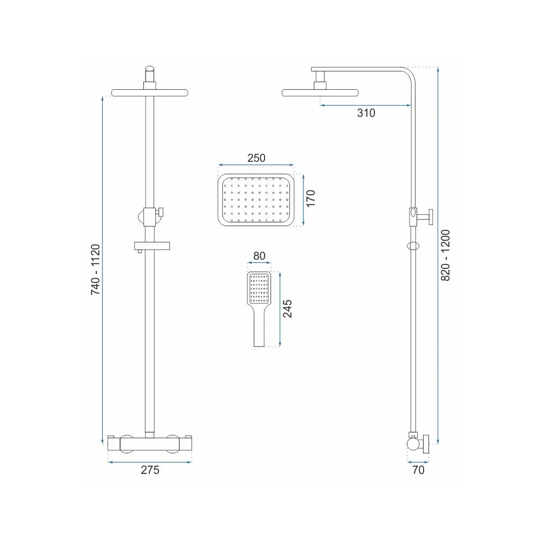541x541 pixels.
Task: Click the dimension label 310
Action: [366, 113]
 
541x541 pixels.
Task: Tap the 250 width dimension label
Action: [256, 158]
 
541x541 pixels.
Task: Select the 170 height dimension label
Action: [311, 198]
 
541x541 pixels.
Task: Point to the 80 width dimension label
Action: [260, 256]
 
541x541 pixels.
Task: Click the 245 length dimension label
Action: [287, 309]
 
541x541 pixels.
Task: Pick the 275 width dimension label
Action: [150, 470]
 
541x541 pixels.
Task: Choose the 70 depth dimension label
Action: [418, 470]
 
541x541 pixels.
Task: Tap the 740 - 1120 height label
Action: [95, 269]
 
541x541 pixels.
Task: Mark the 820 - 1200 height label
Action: [445, 255]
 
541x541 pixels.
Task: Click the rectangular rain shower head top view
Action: [256, 200]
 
